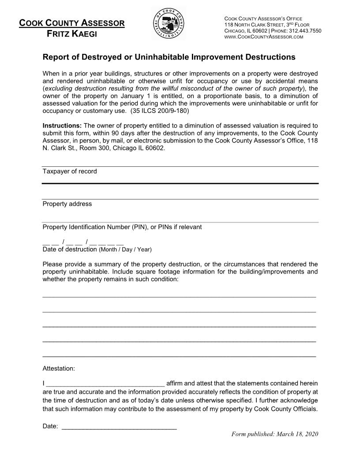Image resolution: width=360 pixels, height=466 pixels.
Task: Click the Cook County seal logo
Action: [x=169, y=24]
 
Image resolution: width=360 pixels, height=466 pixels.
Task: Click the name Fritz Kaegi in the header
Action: [x=72, y=33]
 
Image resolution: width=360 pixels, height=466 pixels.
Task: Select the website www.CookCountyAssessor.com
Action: [x=264, y=37]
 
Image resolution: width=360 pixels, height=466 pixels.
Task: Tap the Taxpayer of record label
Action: [x=70, y=171]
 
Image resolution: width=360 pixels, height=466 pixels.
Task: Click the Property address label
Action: [x=67, y=204]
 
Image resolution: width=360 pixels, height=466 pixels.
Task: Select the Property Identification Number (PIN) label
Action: [x=122, y=227]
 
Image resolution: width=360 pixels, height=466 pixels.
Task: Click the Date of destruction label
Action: [x=69, y=249]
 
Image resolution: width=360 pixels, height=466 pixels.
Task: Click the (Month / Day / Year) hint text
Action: [x=125, y=250]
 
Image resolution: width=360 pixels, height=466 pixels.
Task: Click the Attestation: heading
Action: [x=59, y=368]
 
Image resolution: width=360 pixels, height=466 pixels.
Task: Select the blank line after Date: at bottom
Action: [x=119, y=427]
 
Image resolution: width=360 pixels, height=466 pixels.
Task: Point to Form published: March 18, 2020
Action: [x=274, y=434]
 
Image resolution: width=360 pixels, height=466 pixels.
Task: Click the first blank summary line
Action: [x=179, y=294]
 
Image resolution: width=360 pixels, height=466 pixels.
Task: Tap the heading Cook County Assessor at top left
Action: [x=72, y=23]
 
